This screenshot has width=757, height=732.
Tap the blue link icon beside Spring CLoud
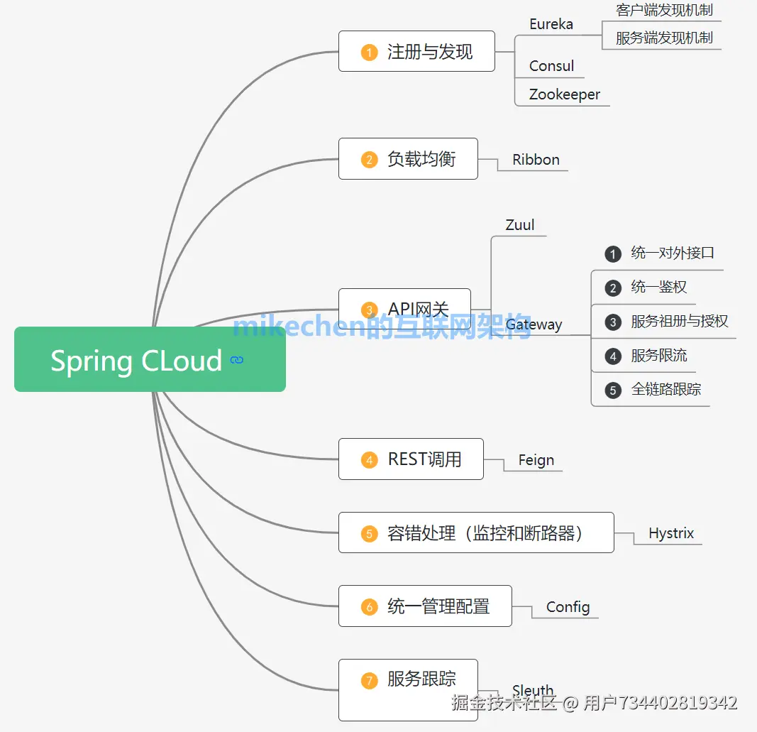(x=237, y=360)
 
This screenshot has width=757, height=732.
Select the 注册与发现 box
(x=416, y=51)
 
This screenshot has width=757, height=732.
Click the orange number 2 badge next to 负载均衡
(x=369, y=159)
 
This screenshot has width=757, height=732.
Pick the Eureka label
(x=551, y=23)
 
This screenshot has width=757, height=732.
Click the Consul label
(x=551, y=66)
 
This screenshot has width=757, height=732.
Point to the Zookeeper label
(x=564, y=94)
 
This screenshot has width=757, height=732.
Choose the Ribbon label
(x=536, y=160)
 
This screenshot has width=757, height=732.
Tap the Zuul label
(x=519, y=225)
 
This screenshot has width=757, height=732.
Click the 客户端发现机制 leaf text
(x=664, y=10)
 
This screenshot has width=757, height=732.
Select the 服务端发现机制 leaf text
(x=664, y=38)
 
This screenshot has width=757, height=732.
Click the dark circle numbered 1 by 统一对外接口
(x=613, y=253)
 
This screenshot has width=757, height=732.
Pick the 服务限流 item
(x=658, y=355)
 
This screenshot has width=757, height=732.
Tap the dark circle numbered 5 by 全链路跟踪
(x=613, y=390)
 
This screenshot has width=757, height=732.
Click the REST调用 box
(x=411, y=459)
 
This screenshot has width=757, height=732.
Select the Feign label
(x=536, y=460)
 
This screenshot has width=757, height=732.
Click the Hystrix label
(x=670, y=533)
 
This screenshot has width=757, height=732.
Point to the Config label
(x=568, y=607)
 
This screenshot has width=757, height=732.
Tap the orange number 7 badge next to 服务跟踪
(x=369, y=680)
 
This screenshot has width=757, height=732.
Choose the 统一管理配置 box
(x=425, y=606)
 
